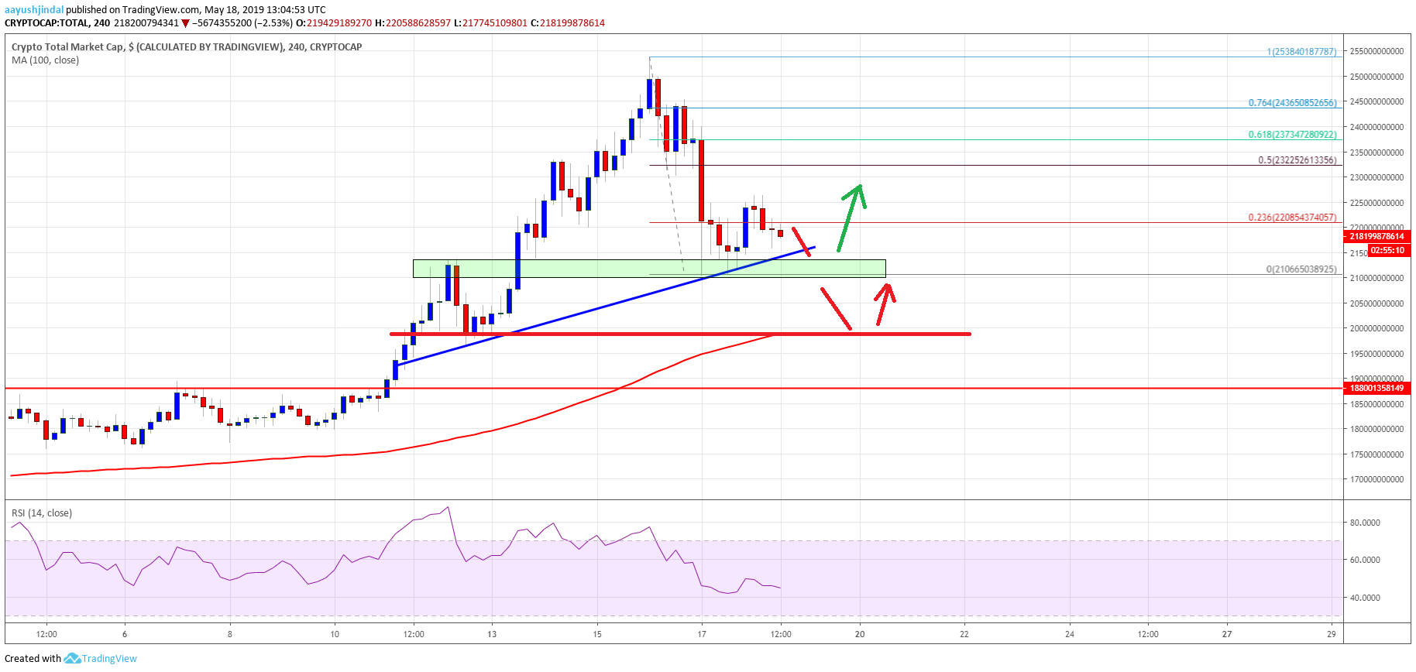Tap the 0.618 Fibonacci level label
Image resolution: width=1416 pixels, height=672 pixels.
(1292, 135)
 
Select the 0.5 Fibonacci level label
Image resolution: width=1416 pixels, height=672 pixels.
(1297, 160)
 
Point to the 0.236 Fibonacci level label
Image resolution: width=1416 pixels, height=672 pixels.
(1292, 218)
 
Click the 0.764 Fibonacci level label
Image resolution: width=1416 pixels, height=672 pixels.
(1292, 103)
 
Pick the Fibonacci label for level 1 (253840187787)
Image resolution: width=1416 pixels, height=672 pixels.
(1301, 52)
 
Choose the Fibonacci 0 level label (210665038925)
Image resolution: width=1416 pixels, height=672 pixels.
(1301, 269)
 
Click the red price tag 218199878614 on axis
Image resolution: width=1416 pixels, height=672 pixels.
(1376, 236)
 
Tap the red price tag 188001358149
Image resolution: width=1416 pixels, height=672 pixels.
(1376, 388)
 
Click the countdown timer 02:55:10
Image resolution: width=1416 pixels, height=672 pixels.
(1387, 250)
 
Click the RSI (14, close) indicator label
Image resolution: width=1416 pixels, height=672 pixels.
(42, 513)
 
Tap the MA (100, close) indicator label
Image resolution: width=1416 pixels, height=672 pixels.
(45, 60)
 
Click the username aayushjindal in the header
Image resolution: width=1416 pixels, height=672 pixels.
(34, 10)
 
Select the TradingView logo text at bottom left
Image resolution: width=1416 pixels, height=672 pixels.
(109, 659)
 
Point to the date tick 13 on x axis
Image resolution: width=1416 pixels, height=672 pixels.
(492, 634)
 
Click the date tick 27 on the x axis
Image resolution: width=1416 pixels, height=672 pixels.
(1227, 634)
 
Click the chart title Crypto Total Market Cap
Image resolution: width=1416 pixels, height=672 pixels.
(67, 47)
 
